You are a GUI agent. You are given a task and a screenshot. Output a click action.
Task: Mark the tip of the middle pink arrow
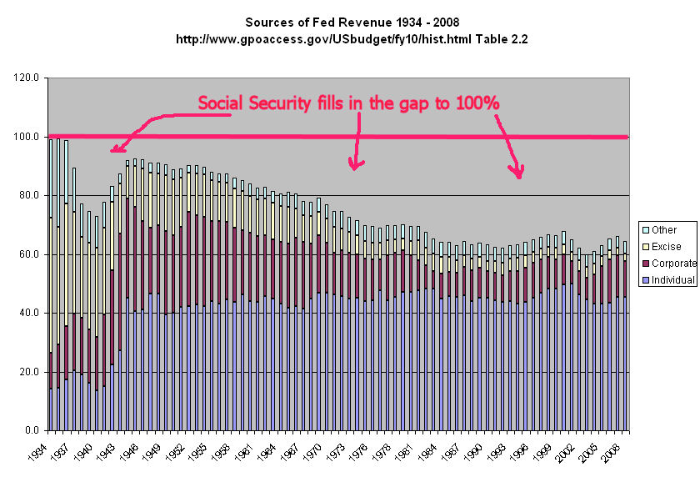pyautogui.click(x=355, y=169)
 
